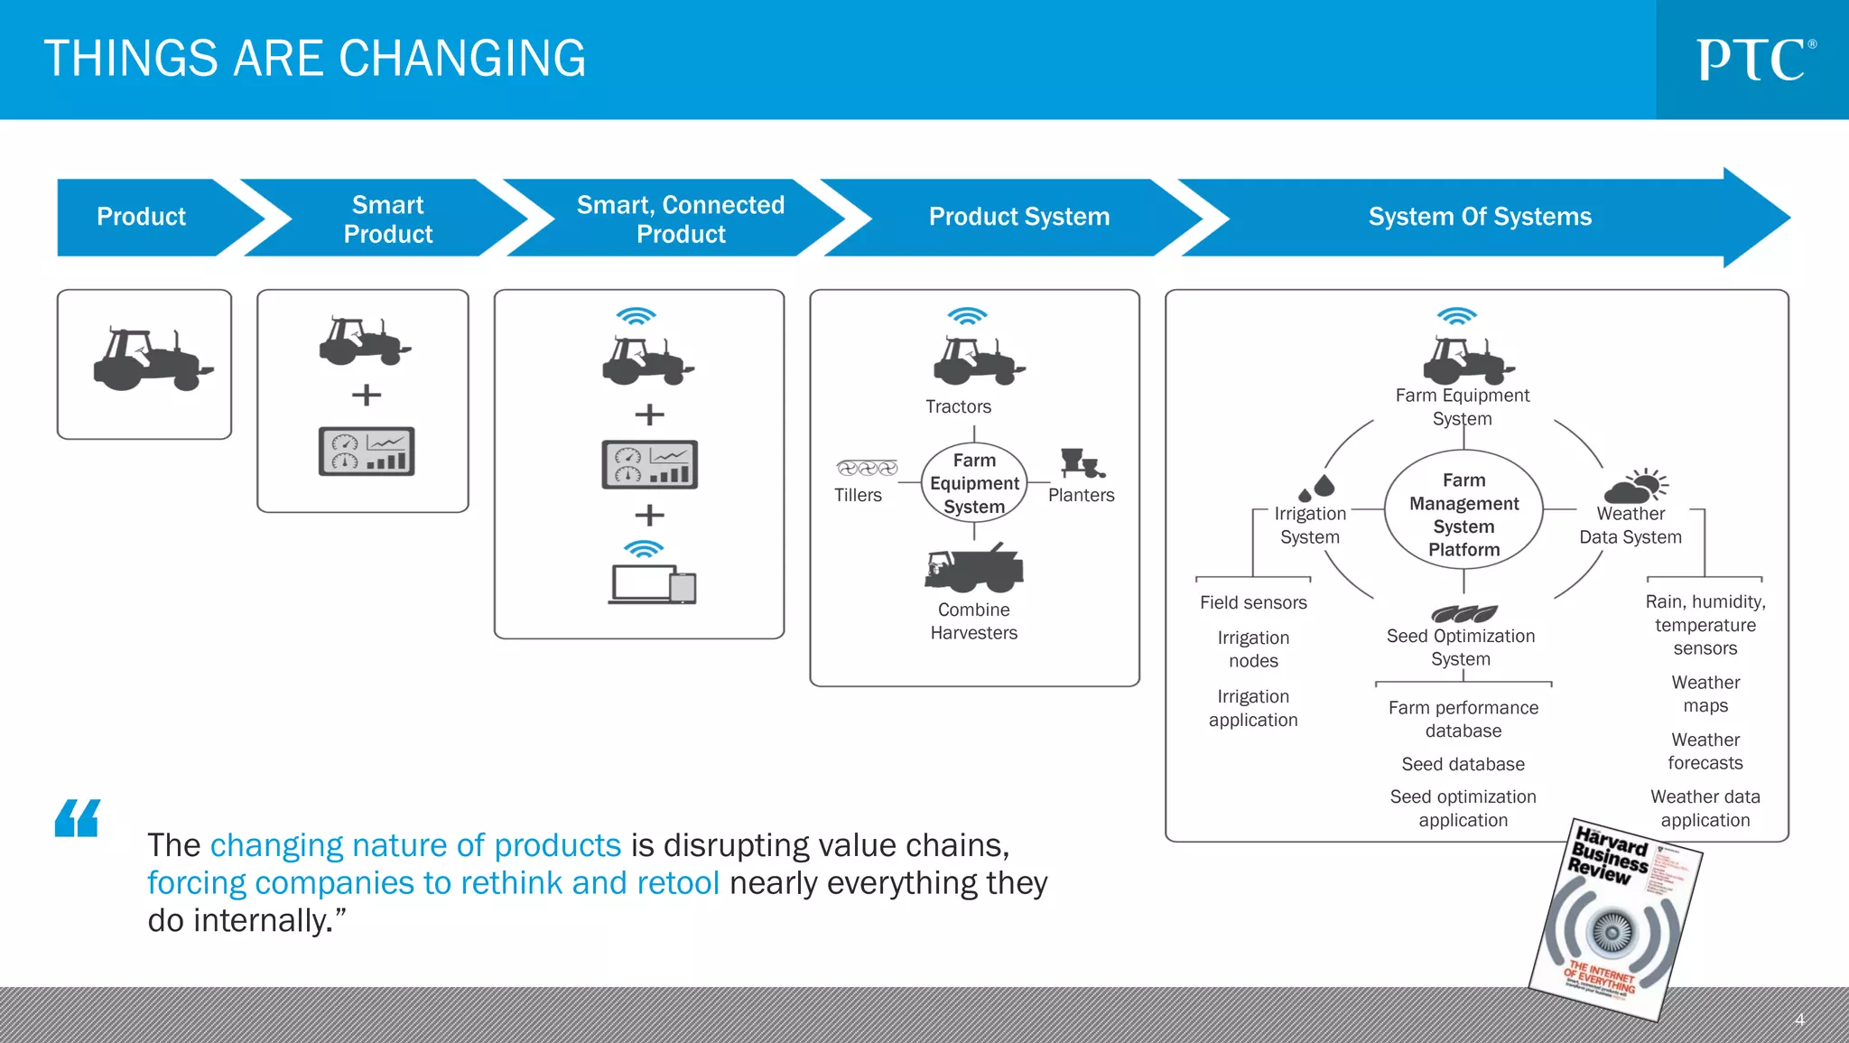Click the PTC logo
tap(1754, 60)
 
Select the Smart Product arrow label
tap(387, 219)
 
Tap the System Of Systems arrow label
tap(1479, 217)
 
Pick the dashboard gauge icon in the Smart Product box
tap(367, 452)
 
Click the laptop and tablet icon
tap(652, 583)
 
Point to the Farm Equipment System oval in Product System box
tap(974, 483)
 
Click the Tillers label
tap(858, 495)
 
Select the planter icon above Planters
tap(1082, 463)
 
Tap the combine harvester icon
tap(974, 568)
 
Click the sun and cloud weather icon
tap(1636, 486)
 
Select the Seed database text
tap(1463, 764)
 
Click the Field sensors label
tap(1253, 602)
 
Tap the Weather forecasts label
tap(1705, 751)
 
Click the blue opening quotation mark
tap(78, 818)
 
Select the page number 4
tap(1798, 1020)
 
